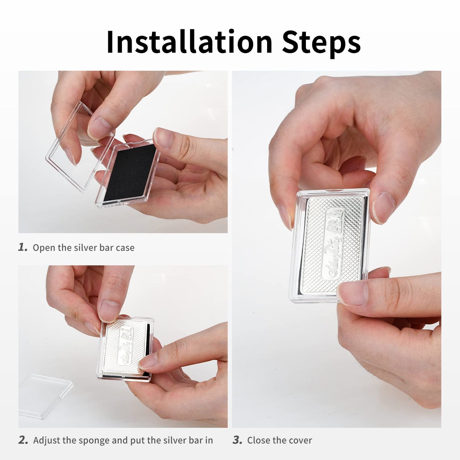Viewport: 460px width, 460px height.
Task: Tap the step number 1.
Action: point(23,248)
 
